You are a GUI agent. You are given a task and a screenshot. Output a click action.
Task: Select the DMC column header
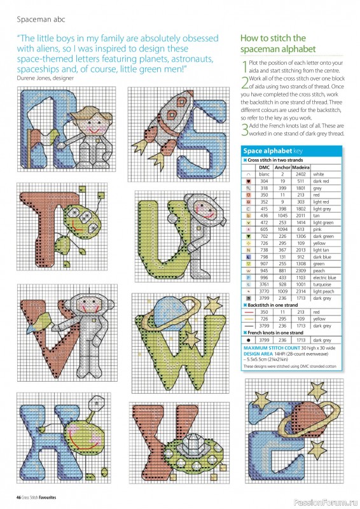[265, 167]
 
